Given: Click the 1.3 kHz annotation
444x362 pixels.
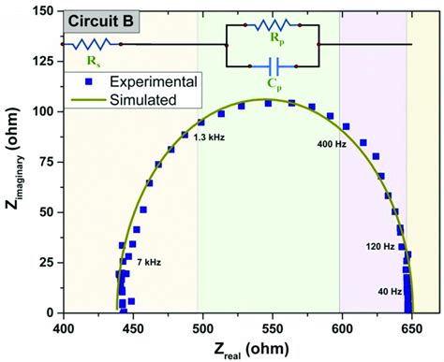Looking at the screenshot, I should tap(209, 137).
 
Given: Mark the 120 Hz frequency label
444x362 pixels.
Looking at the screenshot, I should tap(378, 246).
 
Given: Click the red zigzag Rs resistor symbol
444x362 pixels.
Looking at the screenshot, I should tap(93, 43).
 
